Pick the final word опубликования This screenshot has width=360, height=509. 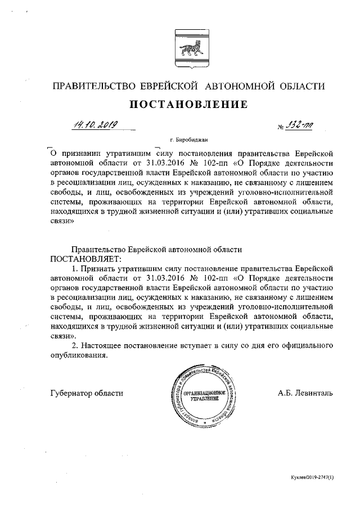(x=78, y=355)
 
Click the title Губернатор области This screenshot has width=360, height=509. (x=87, y=393)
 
